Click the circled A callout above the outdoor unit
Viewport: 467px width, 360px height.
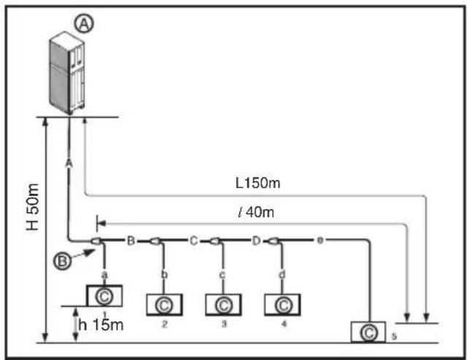[84, 23]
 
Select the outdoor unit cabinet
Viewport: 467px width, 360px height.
[67, 73]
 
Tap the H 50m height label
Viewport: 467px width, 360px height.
[32, 207]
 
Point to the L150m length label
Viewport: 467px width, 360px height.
[258, 183]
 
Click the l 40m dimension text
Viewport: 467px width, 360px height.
[256, 212]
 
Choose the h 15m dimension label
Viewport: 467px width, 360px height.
[101, 324]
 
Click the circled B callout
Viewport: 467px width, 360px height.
[62, 261]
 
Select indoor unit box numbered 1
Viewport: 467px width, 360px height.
[104, 296]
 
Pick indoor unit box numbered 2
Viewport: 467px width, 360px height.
[164, 305]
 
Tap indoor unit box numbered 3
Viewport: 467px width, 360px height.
[223, 305]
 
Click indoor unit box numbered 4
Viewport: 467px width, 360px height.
[282, 305]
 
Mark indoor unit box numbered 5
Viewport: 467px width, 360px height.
[368, 332]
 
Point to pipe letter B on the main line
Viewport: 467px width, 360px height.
[131, 240]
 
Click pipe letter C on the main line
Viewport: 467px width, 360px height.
[193, 240]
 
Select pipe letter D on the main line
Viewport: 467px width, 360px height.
[256, 240]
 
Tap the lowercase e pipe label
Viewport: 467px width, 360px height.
[320, 240]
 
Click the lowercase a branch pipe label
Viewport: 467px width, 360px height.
[104, 275]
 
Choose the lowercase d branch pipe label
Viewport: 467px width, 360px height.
[282, 274]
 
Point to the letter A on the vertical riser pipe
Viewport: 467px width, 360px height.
[69, 163]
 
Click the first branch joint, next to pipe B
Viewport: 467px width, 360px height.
[96, 241]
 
